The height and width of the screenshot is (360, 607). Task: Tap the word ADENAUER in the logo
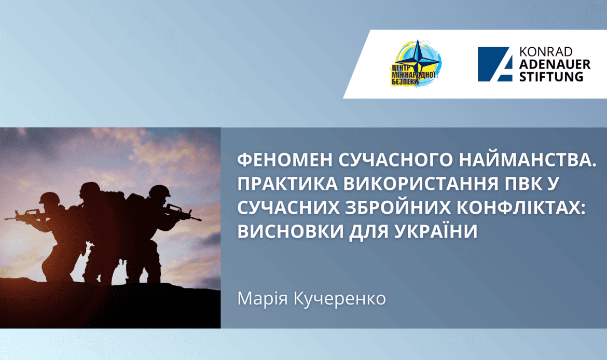tap(551, 64)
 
